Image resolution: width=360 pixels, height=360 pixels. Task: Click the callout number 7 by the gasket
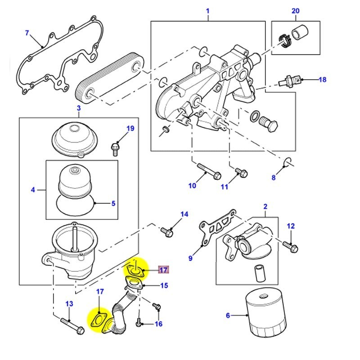[27, 33]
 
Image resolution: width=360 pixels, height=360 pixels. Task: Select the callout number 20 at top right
[295, 11]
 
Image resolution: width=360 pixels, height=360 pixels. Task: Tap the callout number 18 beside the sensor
[322, 80]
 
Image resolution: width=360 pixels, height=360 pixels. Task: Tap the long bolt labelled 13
[72, 326]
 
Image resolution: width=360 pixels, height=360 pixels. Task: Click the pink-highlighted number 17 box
[163, 270]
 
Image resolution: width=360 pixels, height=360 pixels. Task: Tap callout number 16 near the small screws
[158, 324]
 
